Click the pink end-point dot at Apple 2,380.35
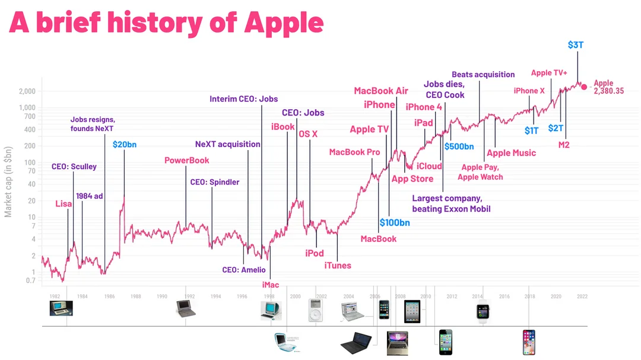[x=583, y=87]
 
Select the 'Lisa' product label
[x=64, y=204]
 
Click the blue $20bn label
[x=124, y=144]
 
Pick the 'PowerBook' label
[x=187, y=160]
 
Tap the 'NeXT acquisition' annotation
[x=228, y=144]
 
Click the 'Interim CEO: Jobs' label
[x=243, y=99]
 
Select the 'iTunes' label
[x=338, y=265]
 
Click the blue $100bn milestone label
[x=395, y=223]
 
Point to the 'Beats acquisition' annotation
[x=483, y=75]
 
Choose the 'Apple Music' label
[x=511, y=153]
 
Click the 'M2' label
[x=564, y=145]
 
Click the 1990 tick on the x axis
[x=162, y=296]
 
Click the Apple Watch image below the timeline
[x=483, y=311]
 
